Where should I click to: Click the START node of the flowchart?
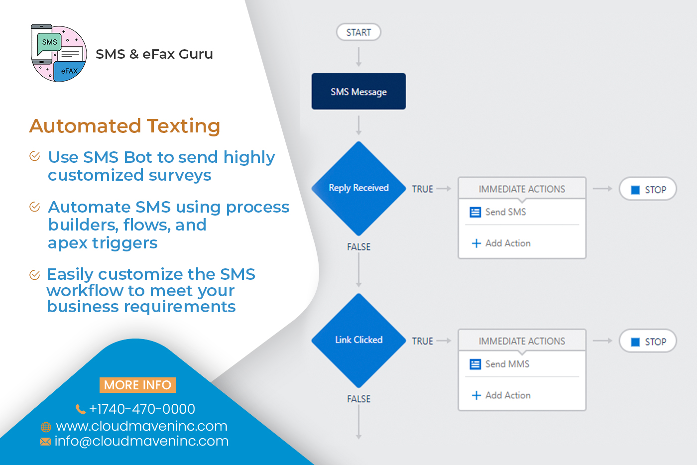coord(358,32)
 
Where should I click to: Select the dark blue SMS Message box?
coord(358,92)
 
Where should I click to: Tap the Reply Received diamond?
coord(358,188)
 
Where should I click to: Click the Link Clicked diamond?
coord(358,340)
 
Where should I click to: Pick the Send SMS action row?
coord(505,212)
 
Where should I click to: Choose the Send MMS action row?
coord(507,364)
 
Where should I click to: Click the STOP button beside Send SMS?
coord(648,190)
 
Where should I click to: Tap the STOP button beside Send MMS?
coord(648,342)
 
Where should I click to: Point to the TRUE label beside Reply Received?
coord(422,189)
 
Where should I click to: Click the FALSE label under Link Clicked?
coord(358,399)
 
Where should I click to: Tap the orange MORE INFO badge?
coord(137,385)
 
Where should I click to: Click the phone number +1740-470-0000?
coord(141,409)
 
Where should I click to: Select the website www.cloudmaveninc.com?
coord(141,426)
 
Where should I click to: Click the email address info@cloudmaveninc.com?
coord(141,441)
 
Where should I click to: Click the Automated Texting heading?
coord(124,126)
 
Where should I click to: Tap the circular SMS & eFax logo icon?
coord(59,53)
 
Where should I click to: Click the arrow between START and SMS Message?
coord(358,57)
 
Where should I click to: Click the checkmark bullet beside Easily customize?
coord(35,275)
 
